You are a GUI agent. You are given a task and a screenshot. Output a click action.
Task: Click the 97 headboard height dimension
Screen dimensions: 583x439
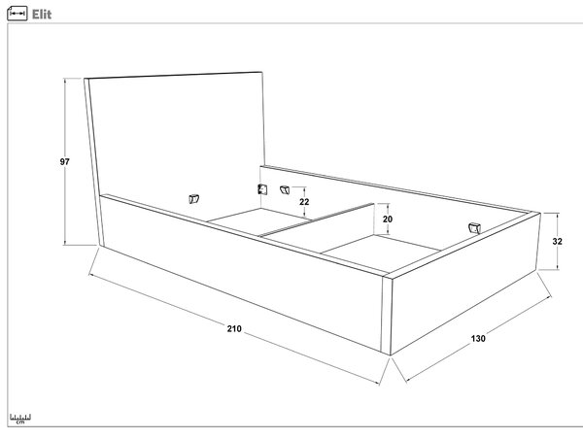click(65, 161)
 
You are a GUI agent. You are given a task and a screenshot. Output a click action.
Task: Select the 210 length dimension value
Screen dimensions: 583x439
click(234, 328)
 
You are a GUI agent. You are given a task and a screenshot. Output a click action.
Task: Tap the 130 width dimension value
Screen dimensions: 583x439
click(478, 338)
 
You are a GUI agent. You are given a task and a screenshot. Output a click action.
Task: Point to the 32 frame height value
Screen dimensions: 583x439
click(557, 241)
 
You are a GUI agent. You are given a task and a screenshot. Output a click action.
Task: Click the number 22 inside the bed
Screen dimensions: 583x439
click(304, 202)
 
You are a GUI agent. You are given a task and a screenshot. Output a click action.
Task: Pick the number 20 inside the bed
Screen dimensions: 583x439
click(388, 219)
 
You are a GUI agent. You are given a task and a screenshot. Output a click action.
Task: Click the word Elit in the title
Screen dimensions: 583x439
click(42, 15)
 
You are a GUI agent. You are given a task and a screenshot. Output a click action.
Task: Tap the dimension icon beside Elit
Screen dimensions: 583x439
click(17, 14)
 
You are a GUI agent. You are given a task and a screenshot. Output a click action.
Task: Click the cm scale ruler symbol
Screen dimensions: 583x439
click(20, 419)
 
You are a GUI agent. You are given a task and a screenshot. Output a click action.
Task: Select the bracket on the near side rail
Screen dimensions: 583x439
click(193, 199)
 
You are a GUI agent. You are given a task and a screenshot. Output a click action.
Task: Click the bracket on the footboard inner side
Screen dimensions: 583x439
click(474, 228)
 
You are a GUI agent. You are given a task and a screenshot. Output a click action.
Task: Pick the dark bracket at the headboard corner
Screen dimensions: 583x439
click(262, 189)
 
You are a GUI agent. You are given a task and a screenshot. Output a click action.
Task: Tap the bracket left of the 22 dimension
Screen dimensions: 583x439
click(285, 189)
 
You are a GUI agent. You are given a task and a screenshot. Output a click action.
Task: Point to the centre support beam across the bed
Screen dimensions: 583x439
click(316, 219)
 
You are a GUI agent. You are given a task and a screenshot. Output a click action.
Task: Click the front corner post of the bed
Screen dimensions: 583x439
click(387, 316)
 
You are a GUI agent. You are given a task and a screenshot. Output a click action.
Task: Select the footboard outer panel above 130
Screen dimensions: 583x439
click(465, 283)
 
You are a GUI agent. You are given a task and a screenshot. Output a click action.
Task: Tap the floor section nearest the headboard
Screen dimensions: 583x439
click(258, 221)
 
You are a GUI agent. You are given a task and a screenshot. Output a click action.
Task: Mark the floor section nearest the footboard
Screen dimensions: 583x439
click(381, 250)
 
